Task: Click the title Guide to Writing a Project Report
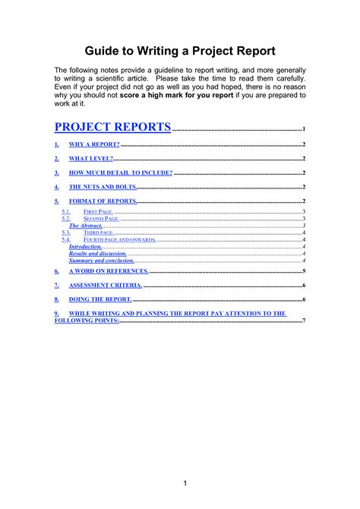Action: tap(180, 52)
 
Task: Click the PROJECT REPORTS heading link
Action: tap(113, 127)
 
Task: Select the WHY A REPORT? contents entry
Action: tap(94, 144)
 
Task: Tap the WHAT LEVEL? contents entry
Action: tap(91, 159)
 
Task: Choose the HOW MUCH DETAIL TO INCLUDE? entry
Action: tap(120, 173)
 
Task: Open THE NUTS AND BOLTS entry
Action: tap(103, 187)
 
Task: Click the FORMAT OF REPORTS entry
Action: tap(103, 201)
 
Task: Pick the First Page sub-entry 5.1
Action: tap(100, 212)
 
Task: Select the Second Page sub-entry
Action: tap(102, 219)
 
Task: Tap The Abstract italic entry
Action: tap(86, 226)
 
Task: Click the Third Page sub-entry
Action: tap(99, 232)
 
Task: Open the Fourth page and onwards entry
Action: tap(118, 239)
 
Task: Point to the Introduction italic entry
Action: tap(85, 247)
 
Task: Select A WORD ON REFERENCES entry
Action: tap(109, 271)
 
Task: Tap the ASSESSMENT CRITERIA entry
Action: tap(106, 286)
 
